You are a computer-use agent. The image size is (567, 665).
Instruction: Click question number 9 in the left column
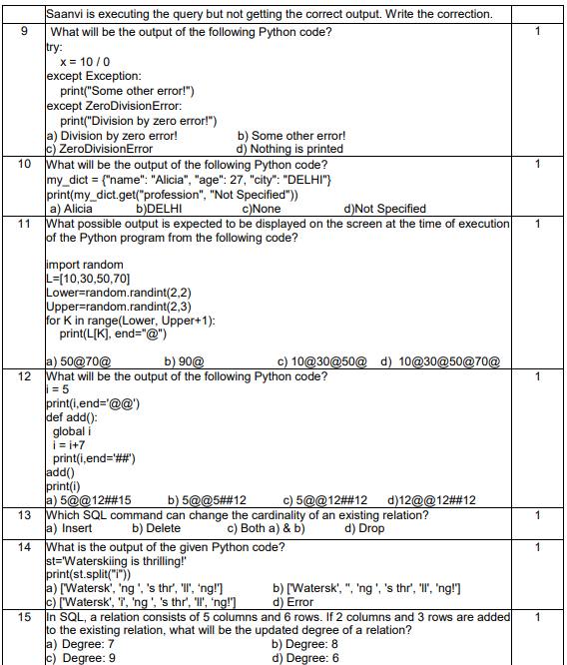23,32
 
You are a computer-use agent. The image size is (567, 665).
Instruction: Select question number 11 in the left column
23,224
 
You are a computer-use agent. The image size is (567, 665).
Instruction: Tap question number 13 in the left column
23,515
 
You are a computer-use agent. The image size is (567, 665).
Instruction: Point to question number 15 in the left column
23,617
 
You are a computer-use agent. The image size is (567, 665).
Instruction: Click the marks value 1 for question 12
537,376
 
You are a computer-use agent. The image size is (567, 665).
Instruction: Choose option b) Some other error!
290,136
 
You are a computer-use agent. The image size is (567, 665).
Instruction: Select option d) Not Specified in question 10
384,209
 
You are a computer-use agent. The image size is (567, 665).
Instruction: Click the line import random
85,265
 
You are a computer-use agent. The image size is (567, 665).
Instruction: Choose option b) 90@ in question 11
185,360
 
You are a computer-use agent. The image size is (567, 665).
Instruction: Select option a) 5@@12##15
89,500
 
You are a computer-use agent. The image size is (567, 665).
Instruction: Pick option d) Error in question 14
293,602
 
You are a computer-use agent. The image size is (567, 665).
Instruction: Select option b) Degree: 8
311,644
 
